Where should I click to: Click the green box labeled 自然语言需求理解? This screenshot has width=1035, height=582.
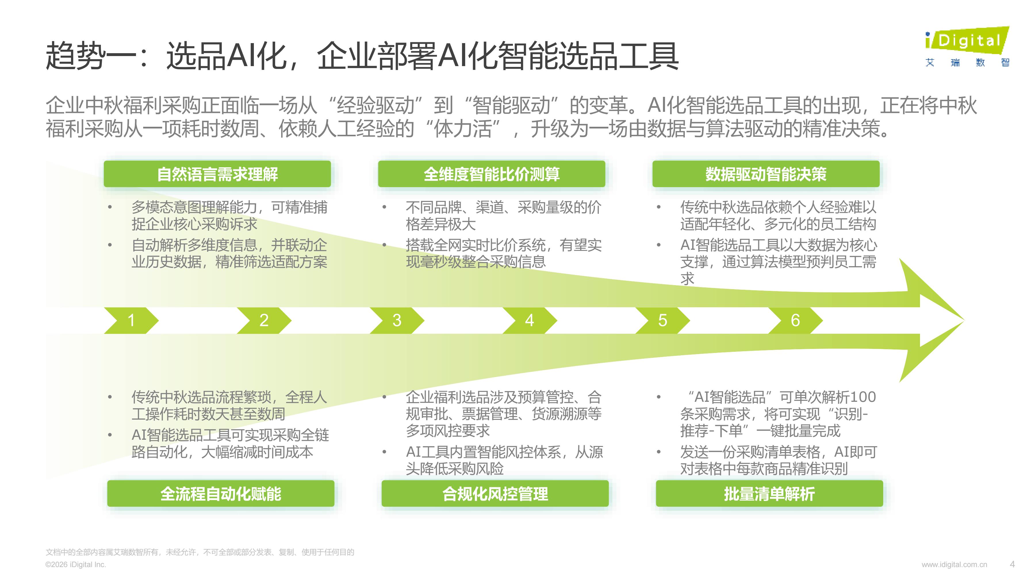coord(217,174)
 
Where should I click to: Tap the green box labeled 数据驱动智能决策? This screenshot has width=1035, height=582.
coord(766,174)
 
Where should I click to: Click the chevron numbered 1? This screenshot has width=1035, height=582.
coord(131,320)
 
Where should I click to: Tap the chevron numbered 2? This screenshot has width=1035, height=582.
coord(264,320)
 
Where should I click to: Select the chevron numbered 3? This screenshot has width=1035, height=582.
coord(397,320)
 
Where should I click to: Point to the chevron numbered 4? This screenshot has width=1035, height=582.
coord(530,320)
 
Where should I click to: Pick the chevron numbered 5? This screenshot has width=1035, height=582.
coord(663,320)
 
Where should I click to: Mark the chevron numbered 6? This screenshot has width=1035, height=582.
coord(796,320)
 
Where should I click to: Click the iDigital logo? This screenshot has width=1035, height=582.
coord(967,47)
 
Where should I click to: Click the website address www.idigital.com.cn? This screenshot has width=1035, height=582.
coord(954,564)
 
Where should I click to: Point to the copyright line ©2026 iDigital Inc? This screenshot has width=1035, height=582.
coord(76,564)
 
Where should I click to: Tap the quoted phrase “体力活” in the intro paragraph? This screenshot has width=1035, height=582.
coord(463,128)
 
